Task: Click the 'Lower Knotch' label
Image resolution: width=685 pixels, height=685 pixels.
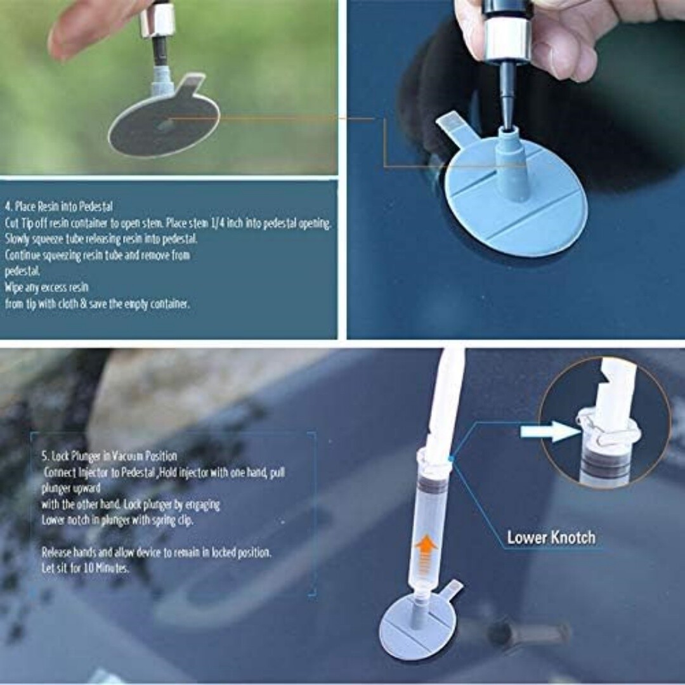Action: click(x=551, y=538)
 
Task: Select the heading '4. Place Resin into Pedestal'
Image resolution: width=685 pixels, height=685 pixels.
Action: click(x=59, y=206)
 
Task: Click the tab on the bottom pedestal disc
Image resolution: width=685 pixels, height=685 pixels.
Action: click(x=452, y=590)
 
